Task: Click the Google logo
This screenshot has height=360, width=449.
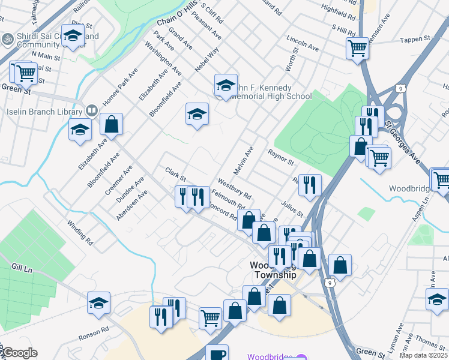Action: pyautogui.click(x=19, y=353)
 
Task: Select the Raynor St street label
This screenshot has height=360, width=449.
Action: pyautogui.click(x=280, y=157)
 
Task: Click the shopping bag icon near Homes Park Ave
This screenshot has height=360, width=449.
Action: pyautogui.click(x=111, y=124)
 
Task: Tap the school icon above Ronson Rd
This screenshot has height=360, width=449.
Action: pyautogui.click(x=99, y=303)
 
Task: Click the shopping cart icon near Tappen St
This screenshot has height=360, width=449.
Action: pyautogui.click(x=357, y=47)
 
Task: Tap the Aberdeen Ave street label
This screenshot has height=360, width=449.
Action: pyautogui.click(x=132, y=205)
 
